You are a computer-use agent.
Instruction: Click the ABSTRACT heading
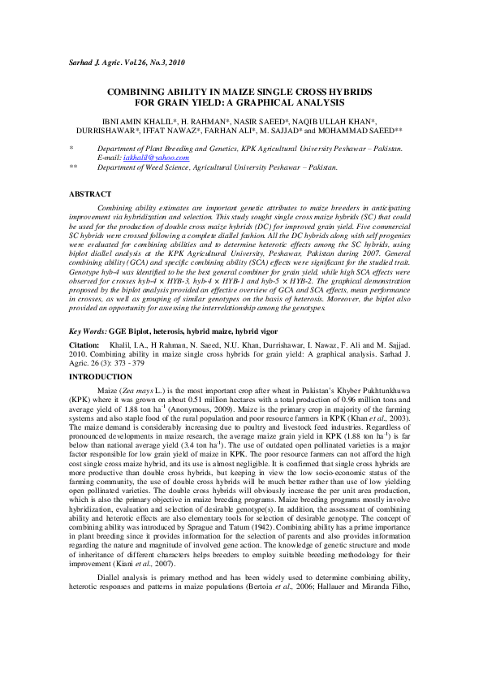[x=89, y=196]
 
